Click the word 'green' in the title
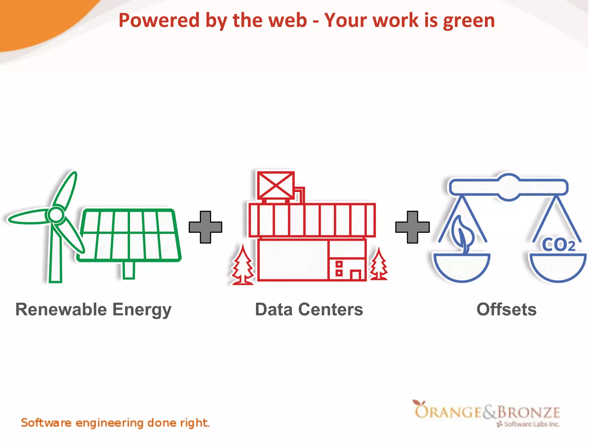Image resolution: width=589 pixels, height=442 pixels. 469,21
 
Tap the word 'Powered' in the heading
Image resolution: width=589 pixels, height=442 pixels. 159,21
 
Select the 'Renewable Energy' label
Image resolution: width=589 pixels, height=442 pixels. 93,310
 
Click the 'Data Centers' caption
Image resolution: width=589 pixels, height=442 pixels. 309,310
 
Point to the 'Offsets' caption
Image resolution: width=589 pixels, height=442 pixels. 506,310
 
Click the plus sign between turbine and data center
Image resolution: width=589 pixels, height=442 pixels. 205,227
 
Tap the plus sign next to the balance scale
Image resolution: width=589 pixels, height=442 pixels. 412,227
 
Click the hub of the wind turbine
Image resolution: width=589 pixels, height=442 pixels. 56,214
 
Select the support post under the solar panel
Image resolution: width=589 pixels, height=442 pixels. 129,270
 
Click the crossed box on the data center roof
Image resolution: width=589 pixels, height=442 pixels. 276,185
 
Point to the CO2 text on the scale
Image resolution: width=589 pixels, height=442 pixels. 559,245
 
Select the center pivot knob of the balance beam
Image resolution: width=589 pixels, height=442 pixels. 509,187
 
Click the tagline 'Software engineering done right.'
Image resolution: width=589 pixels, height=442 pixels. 115,423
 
